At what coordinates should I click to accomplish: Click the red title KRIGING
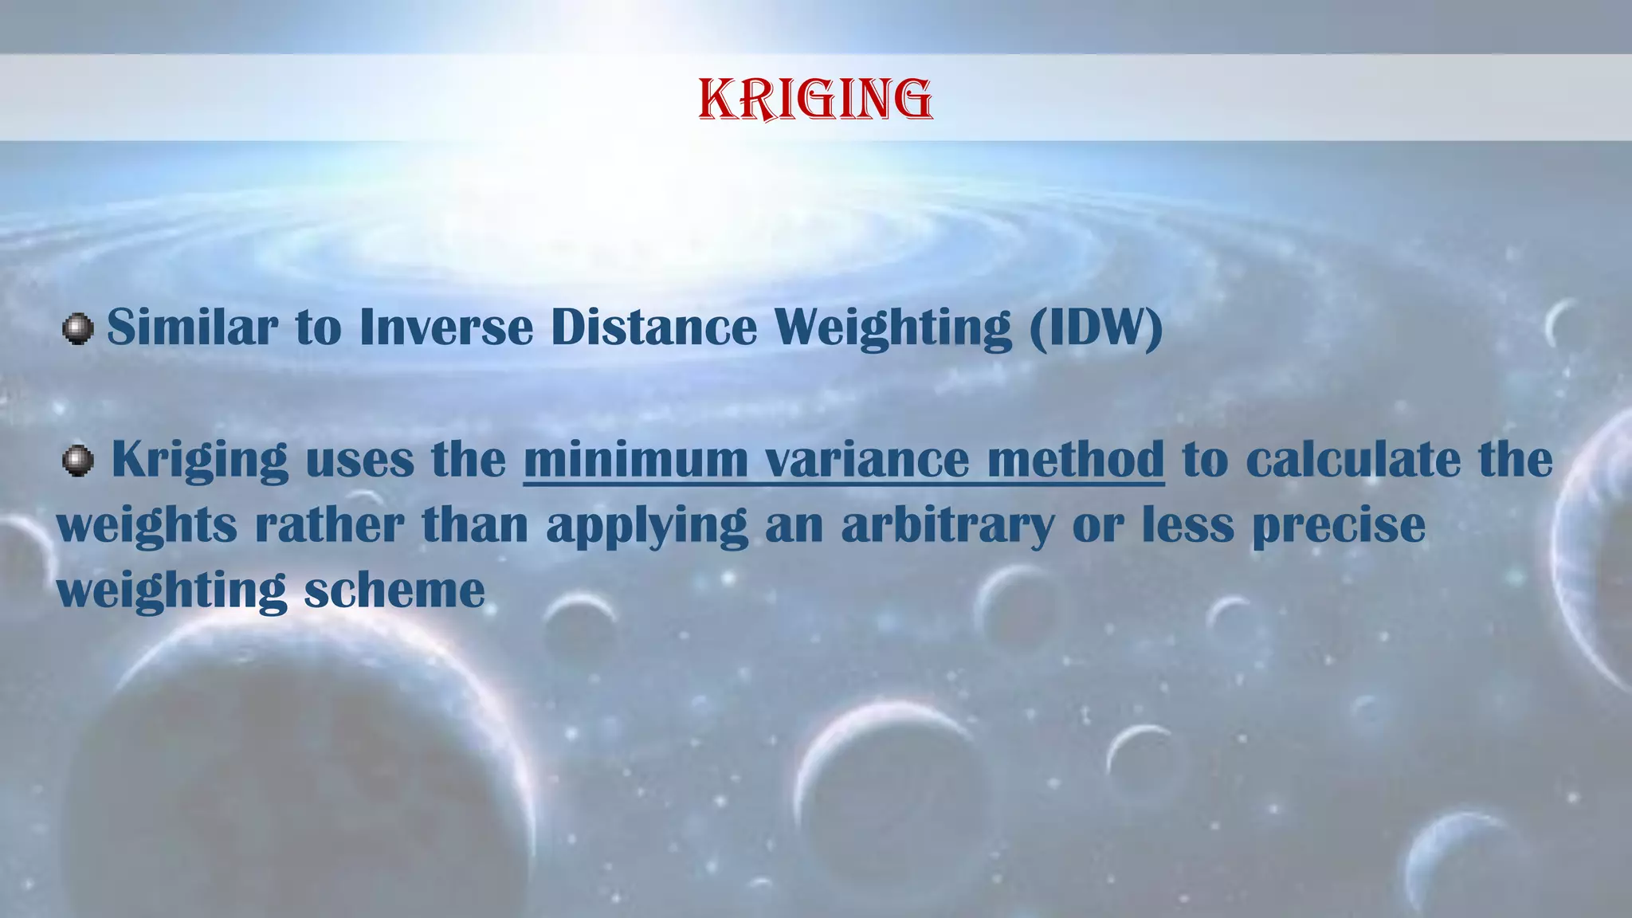[815, 100]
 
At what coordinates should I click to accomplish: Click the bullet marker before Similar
[77, 328]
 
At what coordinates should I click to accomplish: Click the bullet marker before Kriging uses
[77, 460]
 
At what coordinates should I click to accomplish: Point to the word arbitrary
[948, 525]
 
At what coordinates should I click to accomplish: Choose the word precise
[1339, 525]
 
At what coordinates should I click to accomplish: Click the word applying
[647, 525]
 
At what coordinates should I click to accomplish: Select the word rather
[328, 525]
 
